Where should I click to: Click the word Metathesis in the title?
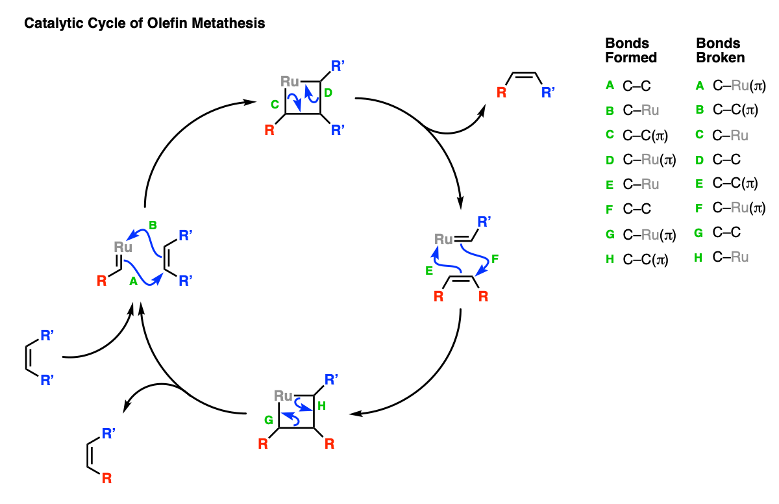[228, 23]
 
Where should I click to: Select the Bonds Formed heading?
[631, 51]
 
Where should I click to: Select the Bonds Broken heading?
[721, 51]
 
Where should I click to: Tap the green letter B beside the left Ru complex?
[153, 225]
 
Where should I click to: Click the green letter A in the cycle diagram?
[133, 281]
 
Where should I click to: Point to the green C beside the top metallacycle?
[275, 105]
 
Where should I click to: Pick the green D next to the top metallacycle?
[328, 93]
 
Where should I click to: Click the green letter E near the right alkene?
[429, 271]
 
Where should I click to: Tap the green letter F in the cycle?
[495, 258]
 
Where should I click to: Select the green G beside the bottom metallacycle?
[269, 420]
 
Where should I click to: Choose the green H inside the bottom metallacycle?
[321, 405]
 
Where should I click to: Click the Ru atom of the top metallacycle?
[290, 81]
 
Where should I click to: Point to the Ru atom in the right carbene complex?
[443, 239]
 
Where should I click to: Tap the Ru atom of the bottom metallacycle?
[283, 396]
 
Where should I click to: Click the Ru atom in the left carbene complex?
[123, 247]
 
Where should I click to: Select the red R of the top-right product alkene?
[501, 92]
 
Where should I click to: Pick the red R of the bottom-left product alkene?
[106, 479]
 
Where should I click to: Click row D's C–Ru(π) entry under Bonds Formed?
[649, 160]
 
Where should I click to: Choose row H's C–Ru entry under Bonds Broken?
[730, 257]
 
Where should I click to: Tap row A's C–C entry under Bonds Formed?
[636, 86]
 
